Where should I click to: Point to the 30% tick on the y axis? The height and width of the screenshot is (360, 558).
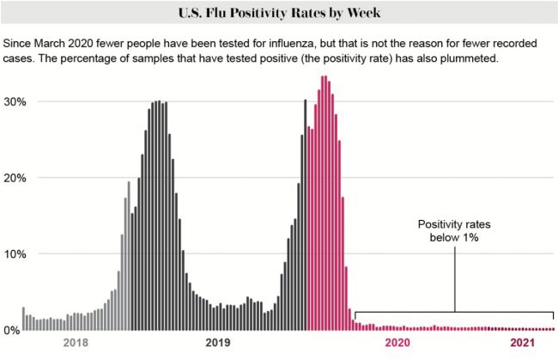tap(13, 101)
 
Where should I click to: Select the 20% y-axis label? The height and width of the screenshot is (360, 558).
tap(13, 178)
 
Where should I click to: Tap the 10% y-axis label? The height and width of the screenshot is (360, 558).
tap(13, 254)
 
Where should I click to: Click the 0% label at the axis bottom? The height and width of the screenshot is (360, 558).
tap(11, 331)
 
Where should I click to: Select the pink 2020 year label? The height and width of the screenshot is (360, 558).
tap(398, 343)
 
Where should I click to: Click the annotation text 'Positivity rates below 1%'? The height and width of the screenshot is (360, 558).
tap(454, 230)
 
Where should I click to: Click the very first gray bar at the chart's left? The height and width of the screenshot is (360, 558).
tap(23, 318)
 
